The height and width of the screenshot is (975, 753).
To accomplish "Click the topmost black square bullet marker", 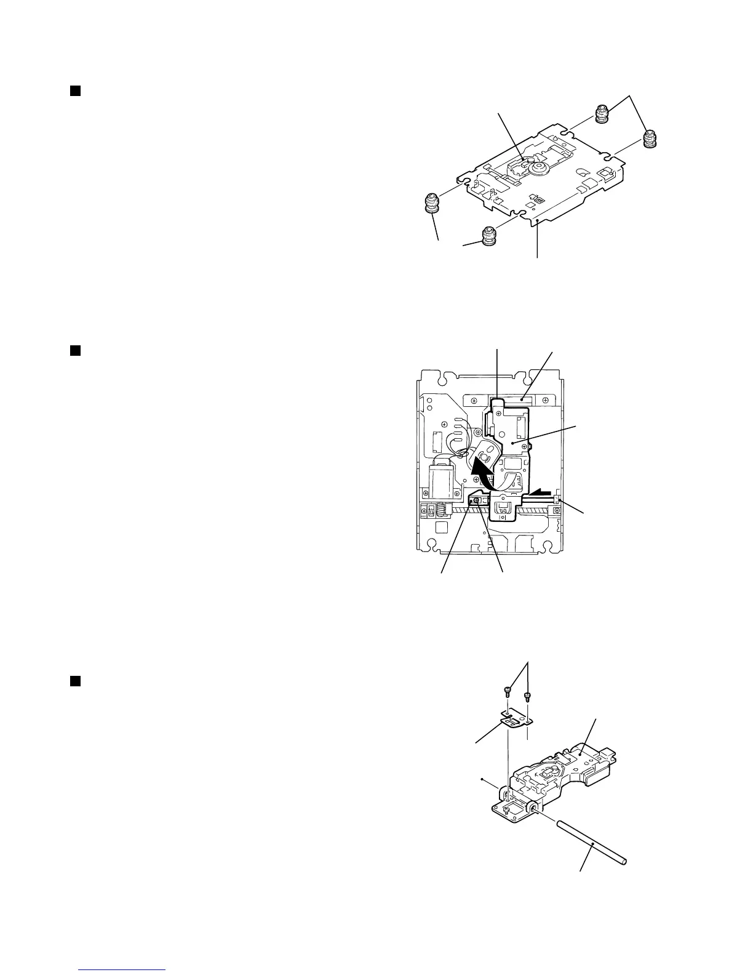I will (x=74, y=91).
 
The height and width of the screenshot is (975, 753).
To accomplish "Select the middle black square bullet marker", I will (x=74, y=350).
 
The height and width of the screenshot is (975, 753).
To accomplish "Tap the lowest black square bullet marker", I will (x=74, y=680).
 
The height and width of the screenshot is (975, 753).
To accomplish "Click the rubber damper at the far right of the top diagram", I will (x=651, y=139).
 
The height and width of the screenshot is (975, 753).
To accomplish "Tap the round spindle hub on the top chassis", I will (x=540, y=167).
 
